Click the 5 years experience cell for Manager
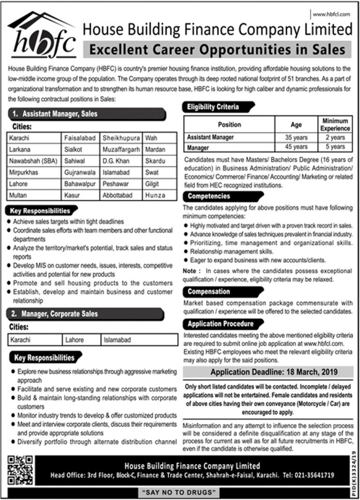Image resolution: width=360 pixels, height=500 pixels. click(x=335, y=147)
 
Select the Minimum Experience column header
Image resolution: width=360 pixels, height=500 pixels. click(x=335, y=125)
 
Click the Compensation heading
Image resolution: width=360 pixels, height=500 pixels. click(x=209, y=291)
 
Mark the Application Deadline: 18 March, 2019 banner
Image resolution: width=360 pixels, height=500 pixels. click(x=267, y=373)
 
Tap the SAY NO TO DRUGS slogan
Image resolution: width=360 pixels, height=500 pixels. click(x=180, y=493)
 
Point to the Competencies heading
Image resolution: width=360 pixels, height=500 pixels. click(x=209, y=196)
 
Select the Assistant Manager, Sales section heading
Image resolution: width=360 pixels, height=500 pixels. click(x=87, y=114)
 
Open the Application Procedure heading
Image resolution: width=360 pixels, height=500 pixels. click(x=220, y=324)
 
